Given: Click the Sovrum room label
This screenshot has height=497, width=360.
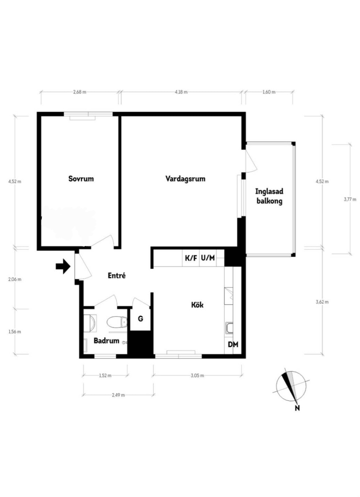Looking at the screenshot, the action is coord(81,179).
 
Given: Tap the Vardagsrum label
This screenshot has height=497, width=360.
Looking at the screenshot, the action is coord(185,179).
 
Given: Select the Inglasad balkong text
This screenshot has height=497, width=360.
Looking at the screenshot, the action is coord(269,196).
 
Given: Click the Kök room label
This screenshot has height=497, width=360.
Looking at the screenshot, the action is coord(197,305).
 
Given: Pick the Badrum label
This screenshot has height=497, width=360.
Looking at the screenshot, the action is coord(107,341).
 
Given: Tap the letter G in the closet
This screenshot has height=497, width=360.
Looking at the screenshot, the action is coord(140,319).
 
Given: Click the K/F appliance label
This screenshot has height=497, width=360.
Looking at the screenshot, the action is coord(191,258).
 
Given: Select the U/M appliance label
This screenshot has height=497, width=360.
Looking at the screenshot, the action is coord(208,258).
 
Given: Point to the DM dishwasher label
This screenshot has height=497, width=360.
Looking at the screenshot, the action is coord(233,345).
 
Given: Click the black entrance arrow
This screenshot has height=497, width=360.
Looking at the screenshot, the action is coord(63,266).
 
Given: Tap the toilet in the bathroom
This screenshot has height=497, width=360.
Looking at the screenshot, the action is coord(117,322).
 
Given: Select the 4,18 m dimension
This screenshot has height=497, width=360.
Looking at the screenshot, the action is coord(181,92).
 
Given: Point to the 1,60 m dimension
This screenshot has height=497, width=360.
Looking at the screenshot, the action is coord(269,92).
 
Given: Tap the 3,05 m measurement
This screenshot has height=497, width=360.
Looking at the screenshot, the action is coord(198,376).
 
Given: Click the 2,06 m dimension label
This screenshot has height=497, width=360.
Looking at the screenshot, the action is coord(15,279).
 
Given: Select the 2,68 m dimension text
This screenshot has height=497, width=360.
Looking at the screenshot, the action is coord(79,92).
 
